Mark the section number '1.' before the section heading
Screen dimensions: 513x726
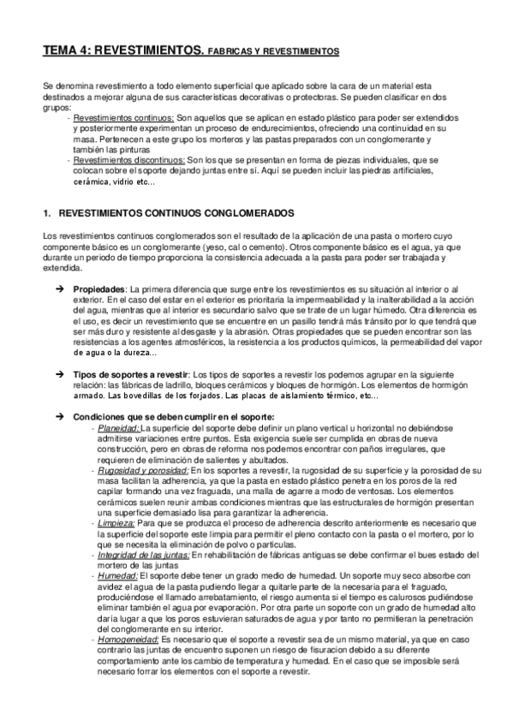[x=47, y=211]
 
